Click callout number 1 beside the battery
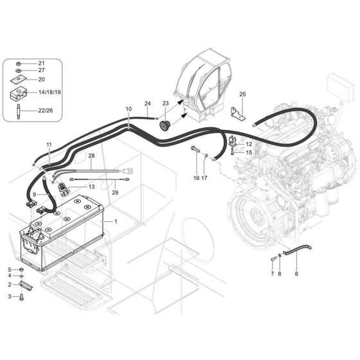(x=116, y=221)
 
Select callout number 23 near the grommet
(x=165, y=104)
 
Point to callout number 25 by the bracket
(x=242, y=95)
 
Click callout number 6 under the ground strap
(x=296, y=274)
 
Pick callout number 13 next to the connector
(x=91, y=186)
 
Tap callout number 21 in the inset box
(x=41, y=63)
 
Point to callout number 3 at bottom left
(x=10, y=296)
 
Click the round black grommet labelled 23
(x=164, y=122)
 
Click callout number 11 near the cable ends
(x=48, y=144)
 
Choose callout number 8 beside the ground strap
(x=279, y=274)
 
